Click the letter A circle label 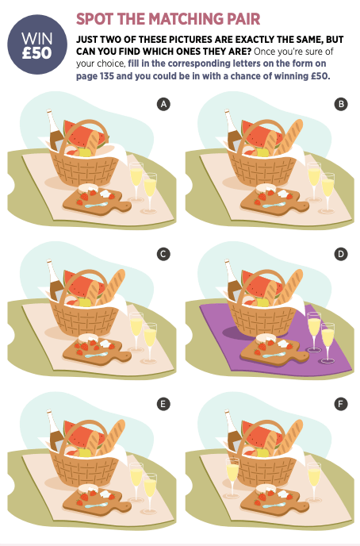[163, 104]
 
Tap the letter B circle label [341, 104]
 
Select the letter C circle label [163, 254]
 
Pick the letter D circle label [341, 254]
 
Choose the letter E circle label [163, 404]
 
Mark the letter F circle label [341, 404]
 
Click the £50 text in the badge [36, 53]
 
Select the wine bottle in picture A [55, 131]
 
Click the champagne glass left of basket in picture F [232, 477]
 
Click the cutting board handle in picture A [124, 206]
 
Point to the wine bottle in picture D [233, 281]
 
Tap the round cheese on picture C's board [86, 338]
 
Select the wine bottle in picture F [233, 431]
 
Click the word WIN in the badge [36, 38]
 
